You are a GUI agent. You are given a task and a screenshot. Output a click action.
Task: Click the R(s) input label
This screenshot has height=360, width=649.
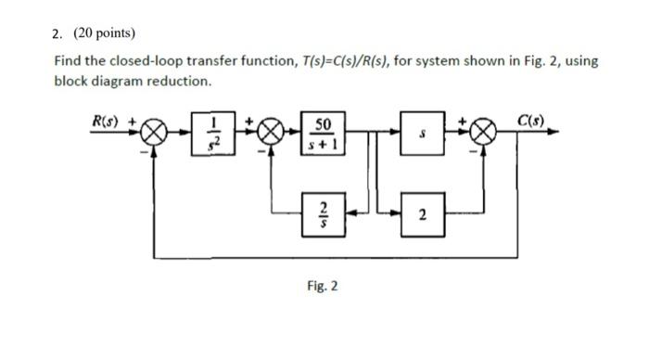point(106,120)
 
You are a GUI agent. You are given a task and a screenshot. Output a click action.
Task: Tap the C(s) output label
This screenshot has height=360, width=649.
point(531,120)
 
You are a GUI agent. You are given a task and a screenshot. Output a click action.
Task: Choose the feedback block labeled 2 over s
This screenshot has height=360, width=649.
point(324,215)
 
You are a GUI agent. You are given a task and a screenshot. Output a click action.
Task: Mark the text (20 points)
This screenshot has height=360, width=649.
point(103,33)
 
